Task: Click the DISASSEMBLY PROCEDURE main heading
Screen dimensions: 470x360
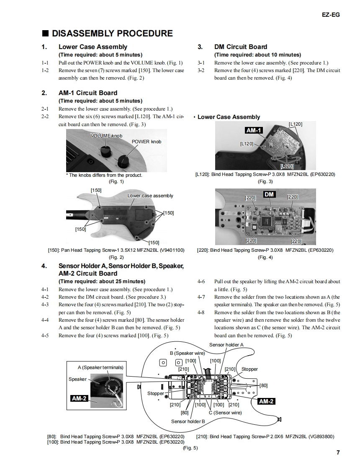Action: pyautogui.click(x=112, y=34)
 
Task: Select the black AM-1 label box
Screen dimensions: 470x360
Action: pyautogui.click(x=253, y=130)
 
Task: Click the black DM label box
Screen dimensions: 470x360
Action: pyautogui.click(x=269, y=194)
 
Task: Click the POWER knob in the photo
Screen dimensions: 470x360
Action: pyautogui.click(x=124, y=160)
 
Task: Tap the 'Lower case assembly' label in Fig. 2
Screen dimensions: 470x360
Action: pyautogui.click(x=150, y=196)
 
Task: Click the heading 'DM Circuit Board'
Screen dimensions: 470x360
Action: pyautogui.click(x=240, y=47)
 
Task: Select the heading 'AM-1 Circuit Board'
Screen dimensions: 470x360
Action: pyautogui.click(x=87, y=93)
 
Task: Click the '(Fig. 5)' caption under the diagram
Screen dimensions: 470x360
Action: pyautogui.click(x=190, y=448)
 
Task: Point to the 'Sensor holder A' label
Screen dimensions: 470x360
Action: pyautogui.click(x=226, y=345)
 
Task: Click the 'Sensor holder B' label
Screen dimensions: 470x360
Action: pyautogui.click(x=188, y=421)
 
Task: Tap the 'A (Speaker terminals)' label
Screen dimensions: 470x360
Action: pyautogui.click(x=100, y=367)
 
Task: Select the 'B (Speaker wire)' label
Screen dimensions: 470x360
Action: pyautogui.click(x=187, y=353)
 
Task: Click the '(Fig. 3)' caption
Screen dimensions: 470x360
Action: pyautogui.click(x=265, y=181)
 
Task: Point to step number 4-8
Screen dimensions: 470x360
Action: pyautogui.click(x=201, y=312)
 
